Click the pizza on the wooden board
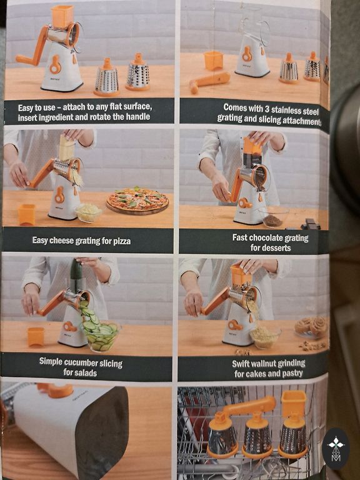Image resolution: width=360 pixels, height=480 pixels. [137, 200]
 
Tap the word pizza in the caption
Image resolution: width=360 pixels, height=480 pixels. [122, 241]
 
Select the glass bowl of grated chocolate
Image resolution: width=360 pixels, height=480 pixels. [272, 217]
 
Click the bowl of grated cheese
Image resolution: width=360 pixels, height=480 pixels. [88, 212]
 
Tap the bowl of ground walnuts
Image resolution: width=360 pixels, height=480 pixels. [265, 337]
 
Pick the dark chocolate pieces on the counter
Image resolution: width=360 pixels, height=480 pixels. [310, 224]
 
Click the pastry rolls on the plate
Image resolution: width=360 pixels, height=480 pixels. [311, 327]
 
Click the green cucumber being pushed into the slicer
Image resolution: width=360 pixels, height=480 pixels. [76, 274]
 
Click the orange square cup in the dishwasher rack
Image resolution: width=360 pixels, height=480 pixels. [293, 403]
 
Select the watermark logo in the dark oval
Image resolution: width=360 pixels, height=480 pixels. [336, 449]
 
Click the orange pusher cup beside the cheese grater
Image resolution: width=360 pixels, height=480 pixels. [27, 214]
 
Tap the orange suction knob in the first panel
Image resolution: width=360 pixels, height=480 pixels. [55, 65]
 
